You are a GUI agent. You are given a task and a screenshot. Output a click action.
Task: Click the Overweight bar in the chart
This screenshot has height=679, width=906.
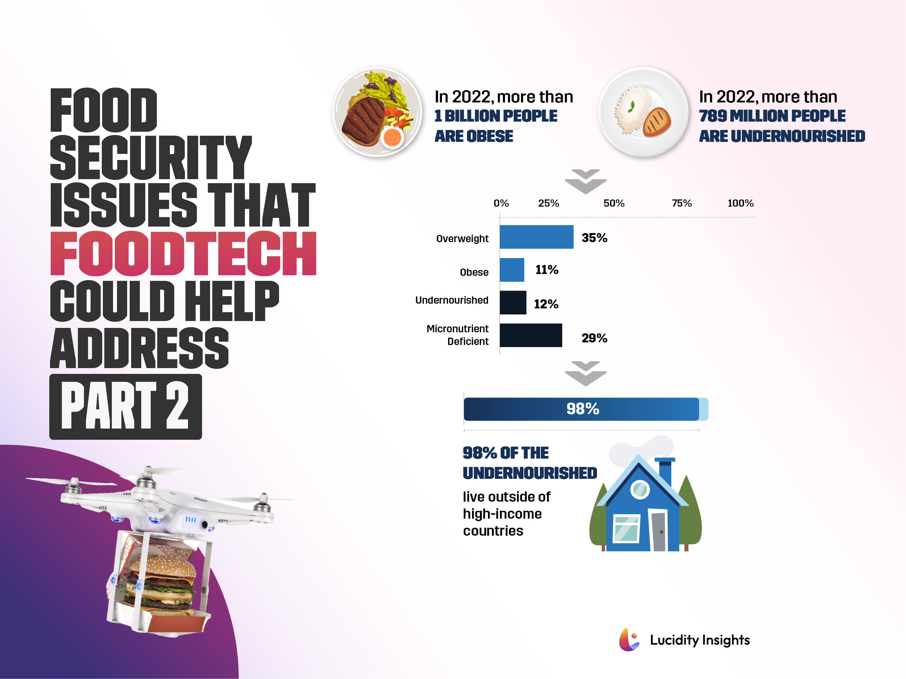tap(536, 237)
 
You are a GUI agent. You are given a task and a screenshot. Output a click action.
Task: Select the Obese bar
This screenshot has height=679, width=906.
tap(512, 270)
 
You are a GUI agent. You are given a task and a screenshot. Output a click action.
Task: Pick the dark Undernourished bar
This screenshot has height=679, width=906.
tap(513, 303)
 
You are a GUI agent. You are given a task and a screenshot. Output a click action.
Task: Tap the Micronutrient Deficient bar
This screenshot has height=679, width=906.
tap(530, 335)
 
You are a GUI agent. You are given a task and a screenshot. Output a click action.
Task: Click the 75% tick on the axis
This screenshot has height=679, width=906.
tap(681, 203)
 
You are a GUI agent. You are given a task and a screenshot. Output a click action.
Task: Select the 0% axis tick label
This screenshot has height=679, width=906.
tap(501, 203)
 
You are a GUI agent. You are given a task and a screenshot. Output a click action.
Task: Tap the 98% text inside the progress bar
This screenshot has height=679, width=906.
tap(583, 409)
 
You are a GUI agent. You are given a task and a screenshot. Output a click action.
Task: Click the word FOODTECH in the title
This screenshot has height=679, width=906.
tap(183, 253)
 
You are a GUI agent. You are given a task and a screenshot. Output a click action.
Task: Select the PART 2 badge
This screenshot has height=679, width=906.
tap(125, 406)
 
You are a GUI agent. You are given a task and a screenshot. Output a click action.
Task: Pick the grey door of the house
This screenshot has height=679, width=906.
tap(659, 531)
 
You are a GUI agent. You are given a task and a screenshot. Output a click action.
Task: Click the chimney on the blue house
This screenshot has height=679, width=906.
tap(665, 472)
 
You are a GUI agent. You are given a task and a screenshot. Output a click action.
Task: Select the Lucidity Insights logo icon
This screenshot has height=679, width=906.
tap(629, 640)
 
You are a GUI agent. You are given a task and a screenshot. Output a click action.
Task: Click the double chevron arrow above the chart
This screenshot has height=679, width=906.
tap(585, 181)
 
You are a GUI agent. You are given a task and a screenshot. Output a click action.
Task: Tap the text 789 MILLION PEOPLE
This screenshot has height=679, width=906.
tap(772, 116)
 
